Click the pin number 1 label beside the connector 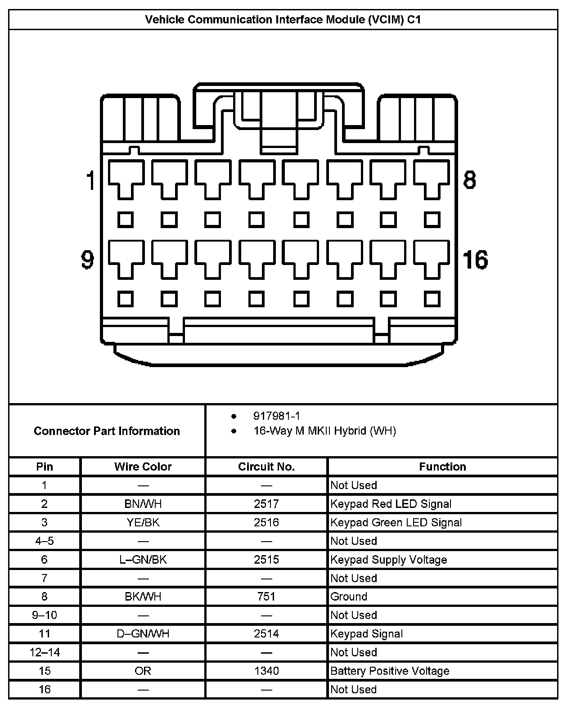91,180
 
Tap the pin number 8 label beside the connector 469,180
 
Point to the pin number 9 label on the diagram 87,260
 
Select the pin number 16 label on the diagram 475,260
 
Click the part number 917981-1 276,416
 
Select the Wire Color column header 143,467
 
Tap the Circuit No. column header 266,467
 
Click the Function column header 442,467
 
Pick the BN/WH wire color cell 143,504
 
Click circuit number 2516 266,522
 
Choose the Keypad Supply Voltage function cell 388,560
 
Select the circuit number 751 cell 266,597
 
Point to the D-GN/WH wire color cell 143,634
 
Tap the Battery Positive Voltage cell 390,671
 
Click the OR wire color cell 143,671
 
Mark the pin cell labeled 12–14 45,652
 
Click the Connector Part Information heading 107,431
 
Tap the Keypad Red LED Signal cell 391,504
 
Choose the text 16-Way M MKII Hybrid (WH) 324,431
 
